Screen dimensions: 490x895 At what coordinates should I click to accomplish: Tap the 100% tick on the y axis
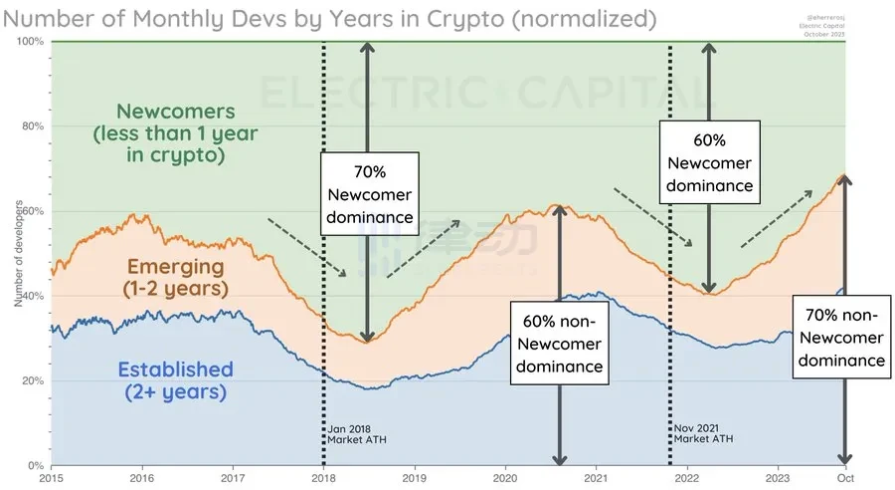coord(32,41)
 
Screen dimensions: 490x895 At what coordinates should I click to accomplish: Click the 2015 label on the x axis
coord(52,477)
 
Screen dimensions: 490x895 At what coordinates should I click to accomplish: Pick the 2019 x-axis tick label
coord(415,477)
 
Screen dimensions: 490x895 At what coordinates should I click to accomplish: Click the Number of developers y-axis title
coord(19,254)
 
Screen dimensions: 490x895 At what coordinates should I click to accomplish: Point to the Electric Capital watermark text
coord(487,94)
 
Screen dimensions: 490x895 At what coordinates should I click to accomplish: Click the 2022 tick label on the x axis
coord(686,477)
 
